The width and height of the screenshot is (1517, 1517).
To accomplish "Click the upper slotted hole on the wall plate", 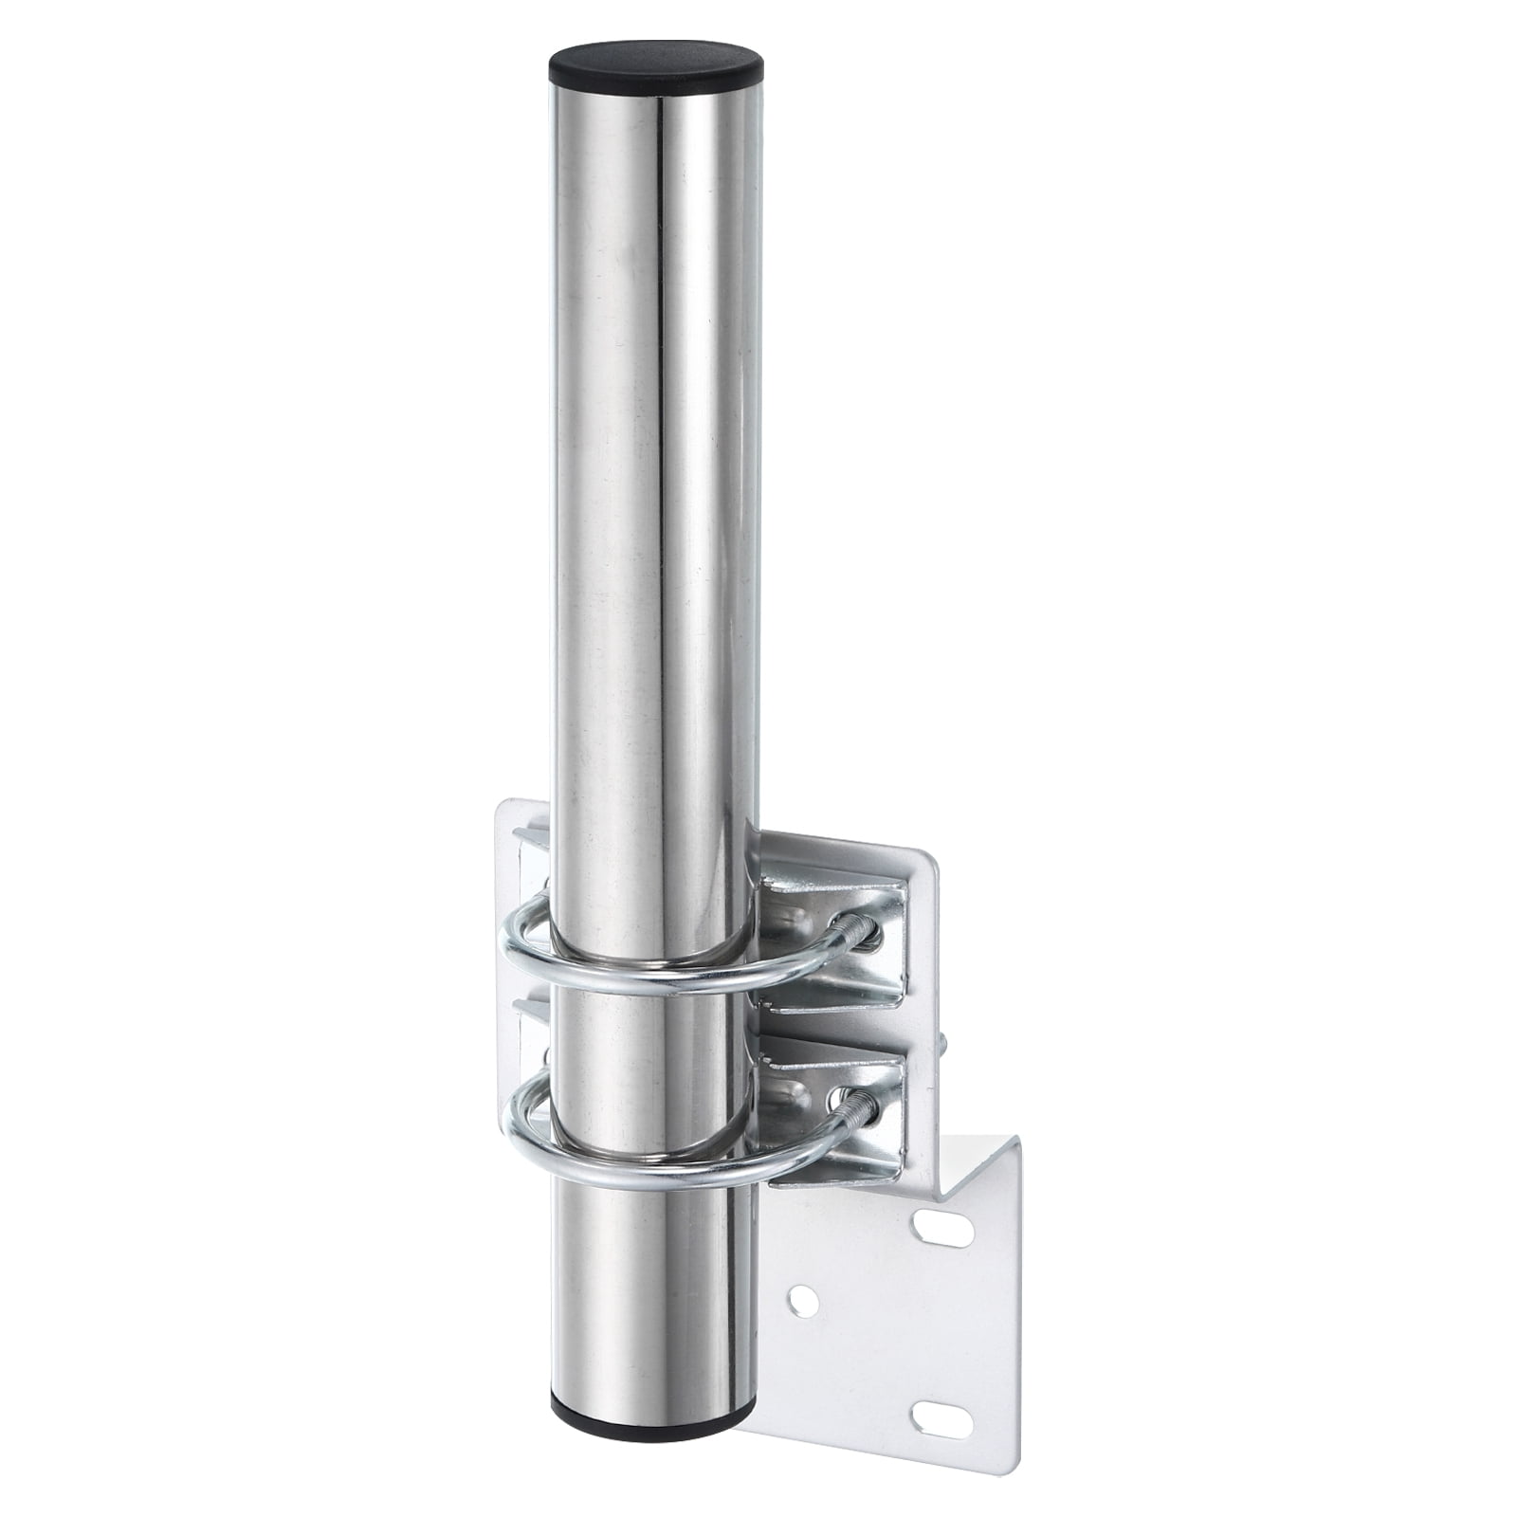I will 944,1231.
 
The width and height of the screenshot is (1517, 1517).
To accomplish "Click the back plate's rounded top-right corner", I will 924,858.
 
